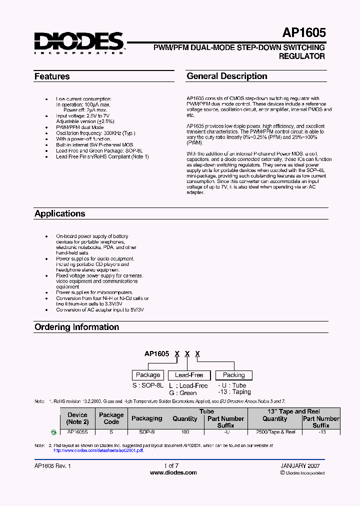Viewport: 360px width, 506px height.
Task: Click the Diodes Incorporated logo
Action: (x=79, y=42)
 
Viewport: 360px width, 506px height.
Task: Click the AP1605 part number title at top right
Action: (x=304, y=32)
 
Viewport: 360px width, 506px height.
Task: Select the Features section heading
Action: (x=52, y=77)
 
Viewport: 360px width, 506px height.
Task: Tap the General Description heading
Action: (x=227, y=76)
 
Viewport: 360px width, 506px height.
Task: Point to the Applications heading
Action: (x=60, y=213)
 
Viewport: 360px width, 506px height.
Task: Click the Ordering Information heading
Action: (x=76, y=327)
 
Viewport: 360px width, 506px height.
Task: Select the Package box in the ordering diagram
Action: (x=148, y=375)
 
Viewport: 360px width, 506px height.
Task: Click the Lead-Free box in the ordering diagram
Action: (x=189, y=375)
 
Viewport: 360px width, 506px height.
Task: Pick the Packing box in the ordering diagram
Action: (x=233, y=375)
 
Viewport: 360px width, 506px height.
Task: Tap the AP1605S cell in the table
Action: (x=77, y=432)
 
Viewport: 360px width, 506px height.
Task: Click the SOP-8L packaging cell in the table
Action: (x=146, y=432)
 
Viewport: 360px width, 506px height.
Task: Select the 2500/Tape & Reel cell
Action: (x=275, y=432)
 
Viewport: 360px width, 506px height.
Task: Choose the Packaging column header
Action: (x=146, y=418)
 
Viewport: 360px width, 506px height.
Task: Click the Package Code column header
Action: (x=111, y=418)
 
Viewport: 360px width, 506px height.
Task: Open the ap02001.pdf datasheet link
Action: (x=98, y=450)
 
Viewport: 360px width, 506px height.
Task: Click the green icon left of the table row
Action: (x=54, y=432)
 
